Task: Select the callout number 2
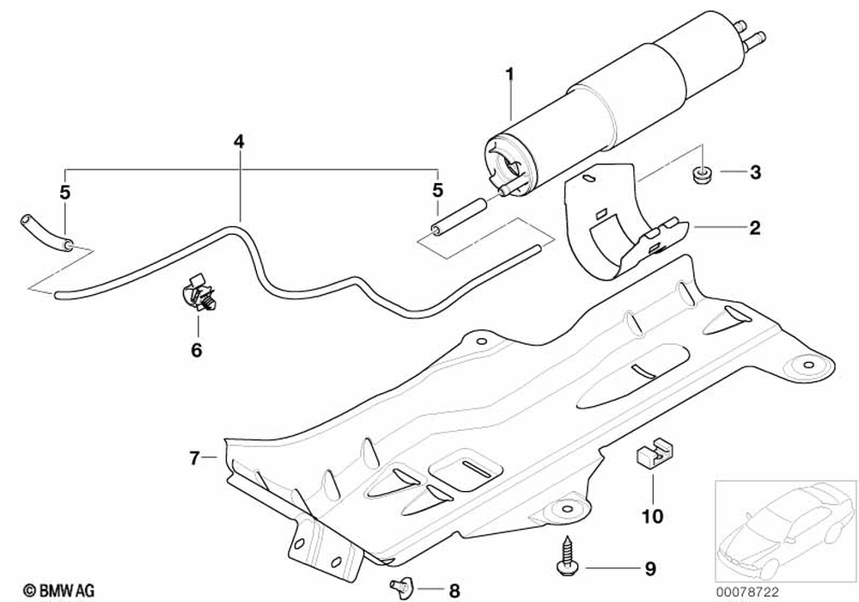(754, 228)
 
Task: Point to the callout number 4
(238, 140)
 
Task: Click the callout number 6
(196, 350)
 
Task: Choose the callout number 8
(454, 591)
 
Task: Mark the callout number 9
(650, 568)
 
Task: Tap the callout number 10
(652, 516)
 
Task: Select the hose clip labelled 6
(197, 296)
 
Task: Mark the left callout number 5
(64, 188)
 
